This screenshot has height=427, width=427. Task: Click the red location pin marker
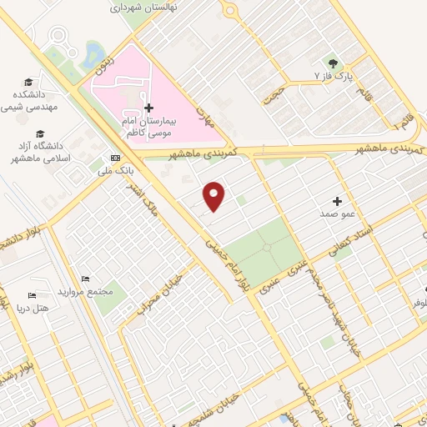click(214, 196)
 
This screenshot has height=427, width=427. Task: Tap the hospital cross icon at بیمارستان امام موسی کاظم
click(148, 108)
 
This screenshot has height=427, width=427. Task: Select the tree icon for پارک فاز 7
click(333, 63)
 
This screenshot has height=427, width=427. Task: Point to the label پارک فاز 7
click(334, 77)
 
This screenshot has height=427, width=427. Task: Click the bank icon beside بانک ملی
click(115, 158)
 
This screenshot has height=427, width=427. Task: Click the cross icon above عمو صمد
click(338, 201)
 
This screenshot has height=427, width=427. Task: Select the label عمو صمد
click(338, 214)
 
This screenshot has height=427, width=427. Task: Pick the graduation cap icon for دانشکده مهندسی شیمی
click(29, 83)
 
